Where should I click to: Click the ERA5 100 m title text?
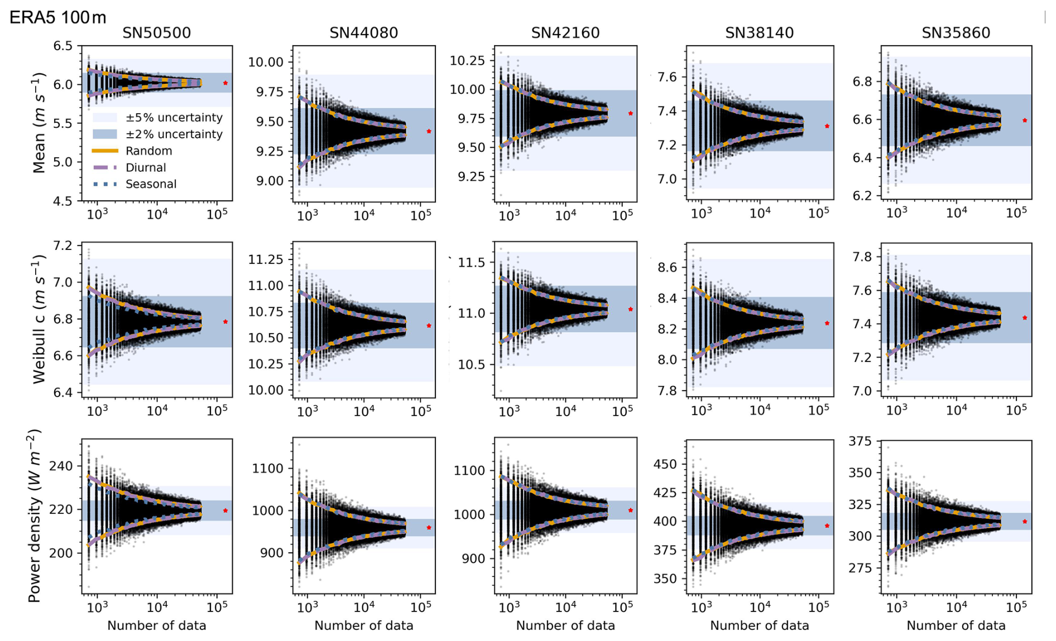[x=57, y=17]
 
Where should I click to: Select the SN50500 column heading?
[x=156, y=33]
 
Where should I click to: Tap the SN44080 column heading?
[x=363, y=33]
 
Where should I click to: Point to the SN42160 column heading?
[x=565, y=33]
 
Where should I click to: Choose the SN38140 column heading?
[x=759, y=33]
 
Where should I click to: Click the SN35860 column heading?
[x=956, y=33]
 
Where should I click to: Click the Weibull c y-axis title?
[x=39, y=319]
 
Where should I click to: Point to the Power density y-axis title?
[x=35, y=515]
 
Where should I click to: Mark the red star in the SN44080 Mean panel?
[x=429, y=132]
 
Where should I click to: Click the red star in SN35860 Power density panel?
[x=1025, y=522]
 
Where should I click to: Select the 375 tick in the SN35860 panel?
[x=860, y=441]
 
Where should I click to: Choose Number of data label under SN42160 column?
[x=565, y=625]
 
